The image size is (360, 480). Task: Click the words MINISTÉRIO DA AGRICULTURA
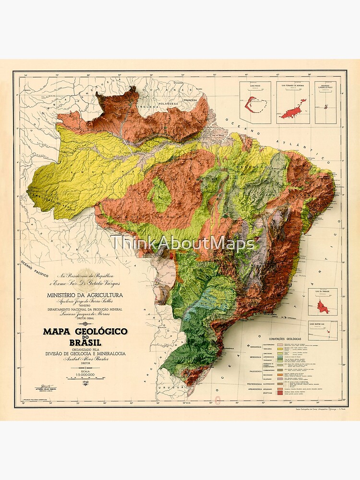coord(84,295)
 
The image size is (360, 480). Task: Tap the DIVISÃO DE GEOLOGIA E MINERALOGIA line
coord(84,353)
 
